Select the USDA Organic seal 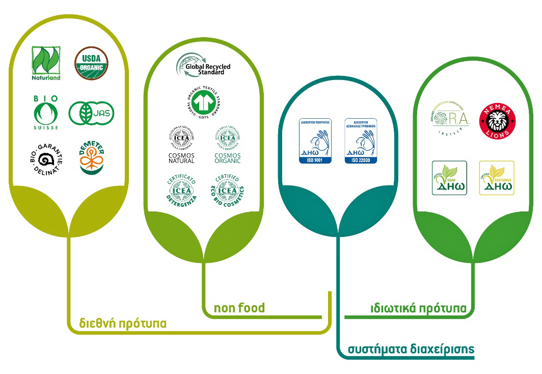(x=92, y=63)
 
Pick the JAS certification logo (x=92, y=112)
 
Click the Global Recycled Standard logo (x=203, y=67)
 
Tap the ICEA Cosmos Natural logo (x=181, y=145)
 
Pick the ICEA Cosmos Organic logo (x=227, y=145)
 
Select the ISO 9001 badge (x=315, y=141)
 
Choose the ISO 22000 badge (x=361, y=141)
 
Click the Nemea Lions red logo (x=497, y=122)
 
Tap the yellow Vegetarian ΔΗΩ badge (x=497, y=177)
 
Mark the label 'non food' (x=239, y=307)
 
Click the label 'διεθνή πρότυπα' (x=122, y=324)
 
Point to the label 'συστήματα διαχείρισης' (x=411, y=349)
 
